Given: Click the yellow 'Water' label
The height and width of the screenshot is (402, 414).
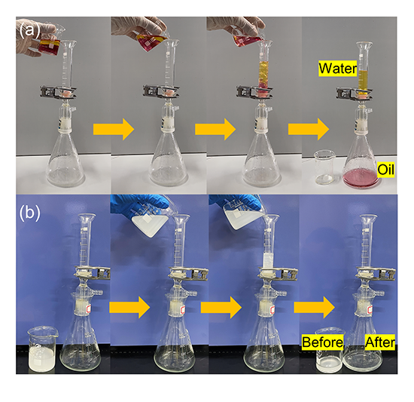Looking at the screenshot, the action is click(338, 69).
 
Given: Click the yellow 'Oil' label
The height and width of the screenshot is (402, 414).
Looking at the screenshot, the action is click(385, 170).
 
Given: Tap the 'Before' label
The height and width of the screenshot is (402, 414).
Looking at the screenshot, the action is click(322, 342).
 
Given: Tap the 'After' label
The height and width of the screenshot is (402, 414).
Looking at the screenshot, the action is click(380, 342).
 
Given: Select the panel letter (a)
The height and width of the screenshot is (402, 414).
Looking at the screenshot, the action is click(29, 29).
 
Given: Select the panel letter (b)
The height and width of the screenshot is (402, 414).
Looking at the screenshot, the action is click(29, 212).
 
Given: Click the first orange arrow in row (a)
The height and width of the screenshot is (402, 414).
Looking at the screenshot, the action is click(114, 129).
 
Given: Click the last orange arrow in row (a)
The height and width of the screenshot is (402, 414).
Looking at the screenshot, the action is click(309, 129).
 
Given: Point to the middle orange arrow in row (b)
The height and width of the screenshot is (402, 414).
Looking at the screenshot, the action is click(221, 307).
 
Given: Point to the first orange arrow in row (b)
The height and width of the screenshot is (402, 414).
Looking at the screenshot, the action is click(129, 307).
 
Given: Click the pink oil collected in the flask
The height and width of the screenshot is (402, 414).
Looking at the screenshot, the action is click(361, 177).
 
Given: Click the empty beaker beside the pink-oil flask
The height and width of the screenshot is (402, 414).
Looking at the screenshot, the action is click(325, 167).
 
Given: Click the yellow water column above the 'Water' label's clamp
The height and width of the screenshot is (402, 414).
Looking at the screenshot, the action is click(364, 78).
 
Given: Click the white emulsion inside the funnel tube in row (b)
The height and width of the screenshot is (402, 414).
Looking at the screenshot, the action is click(269, 261).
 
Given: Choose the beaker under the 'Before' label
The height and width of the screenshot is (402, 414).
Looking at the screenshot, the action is click(329, 351).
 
